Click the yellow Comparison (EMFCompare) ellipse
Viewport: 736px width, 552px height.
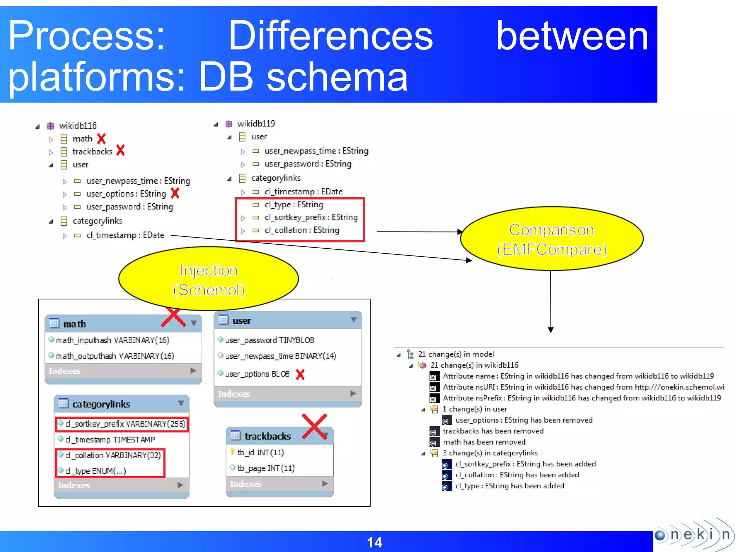[552, 239]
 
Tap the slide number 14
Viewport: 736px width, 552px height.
[374, 542]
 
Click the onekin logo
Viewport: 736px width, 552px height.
[694, 534]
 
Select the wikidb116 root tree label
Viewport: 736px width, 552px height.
[78, 126]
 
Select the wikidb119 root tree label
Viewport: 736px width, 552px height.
[256, 124]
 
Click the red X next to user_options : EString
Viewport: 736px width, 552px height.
[175, 193]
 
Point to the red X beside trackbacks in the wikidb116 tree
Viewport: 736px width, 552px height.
[121, 150]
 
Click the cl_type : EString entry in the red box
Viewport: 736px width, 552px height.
[294, 204]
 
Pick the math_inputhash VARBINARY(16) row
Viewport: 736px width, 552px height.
[112, 340]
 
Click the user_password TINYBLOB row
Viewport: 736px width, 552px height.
[270, 340]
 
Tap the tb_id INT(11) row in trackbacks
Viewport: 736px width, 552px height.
[261, 452]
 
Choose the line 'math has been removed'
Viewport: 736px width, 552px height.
[484, 442]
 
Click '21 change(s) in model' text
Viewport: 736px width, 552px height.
[456, 354]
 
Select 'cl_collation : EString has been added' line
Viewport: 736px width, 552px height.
[517, 475]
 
